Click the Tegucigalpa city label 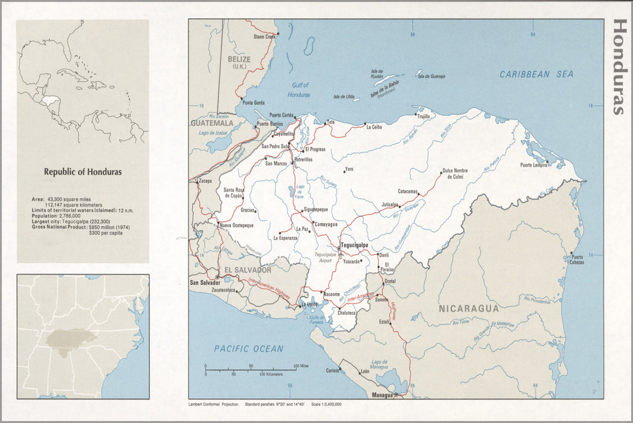(354, 245)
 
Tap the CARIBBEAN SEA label (536, 74)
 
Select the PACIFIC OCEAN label (249, 349)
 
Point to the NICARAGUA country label (469, 308)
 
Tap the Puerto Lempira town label (534, 165)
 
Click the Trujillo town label (424, 116)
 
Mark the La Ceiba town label (374, 127)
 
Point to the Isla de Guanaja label (431, 76)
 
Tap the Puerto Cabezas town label (577, 260)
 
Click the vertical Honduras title (619, 67)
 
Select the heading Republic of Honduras (83, 172)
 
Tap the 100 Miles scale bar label (300, 366)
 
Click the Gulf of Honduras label (299, 90)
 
